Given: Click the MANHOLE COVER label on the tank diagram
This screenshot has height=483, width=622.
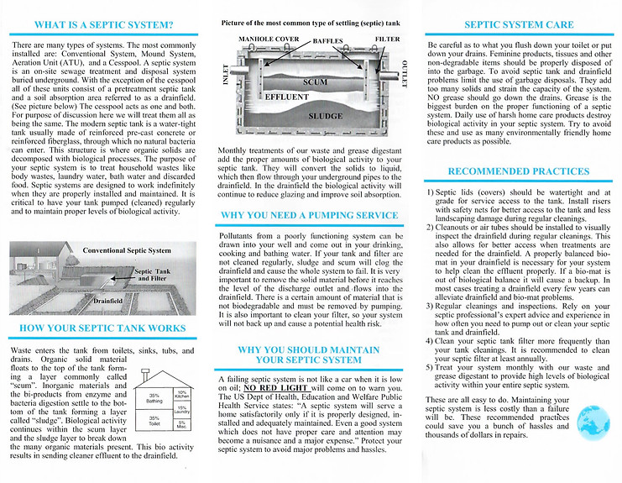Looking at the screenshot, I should click(269, 39).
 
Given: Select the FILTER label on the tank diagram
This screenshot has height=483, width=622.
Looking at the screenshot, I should click(387, 39).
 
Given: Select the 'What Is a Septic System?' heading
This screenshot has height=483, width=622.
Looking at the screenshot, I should click(105, 26).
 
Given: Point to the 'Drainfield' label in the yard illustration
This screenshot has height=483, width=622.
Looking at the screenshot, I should click(110, 298).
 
